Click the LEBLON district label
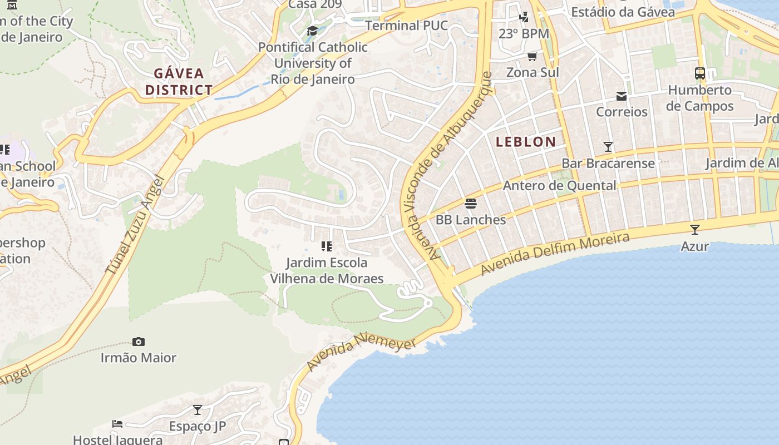tap(526, 142)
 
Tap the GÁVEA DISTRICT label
tap(179, 81)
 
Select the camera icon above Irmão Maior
tap(139, 342)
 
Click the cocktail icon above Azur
tap(694, 229)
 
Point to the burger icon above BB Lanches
tap(471, 204)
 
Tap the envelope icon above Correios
tap(622, 96)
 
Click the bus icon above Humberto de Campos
tap(700, 73)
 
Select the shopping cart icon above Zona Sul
tap(533, 56)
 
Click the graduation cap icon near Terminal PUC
tap(312, 31)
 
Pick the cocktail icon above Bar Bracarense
tap(608, 147)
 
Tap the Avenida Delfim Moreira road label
tap(555, 254)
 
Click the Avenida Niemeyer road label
tap(361, 352)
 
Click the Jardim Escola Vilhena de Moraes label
tap(327, 270)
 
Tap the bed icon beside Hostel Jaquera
tap(117, 424)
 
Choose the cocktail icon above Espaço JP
tap(198, 410)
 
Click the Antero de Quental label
tap(559, 186)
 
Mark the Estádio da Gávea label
tap(623, 12)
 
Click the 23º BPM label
tap(524, 34)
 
